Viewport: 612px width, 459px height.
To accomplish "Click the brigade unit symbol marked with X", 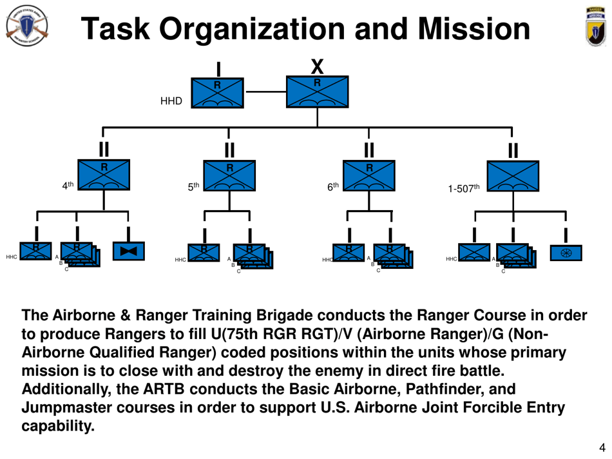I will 317,92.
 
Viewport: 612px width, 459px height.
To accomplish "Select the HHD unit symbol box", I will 218,93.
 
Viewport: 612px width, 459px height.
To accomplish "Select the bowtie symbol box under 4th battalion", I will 129,251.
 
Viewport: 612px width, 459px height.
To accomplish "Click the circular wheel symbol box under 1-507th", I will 566,253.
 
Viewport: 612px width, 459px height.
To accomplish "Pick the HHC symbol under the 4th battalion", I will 35,251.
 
